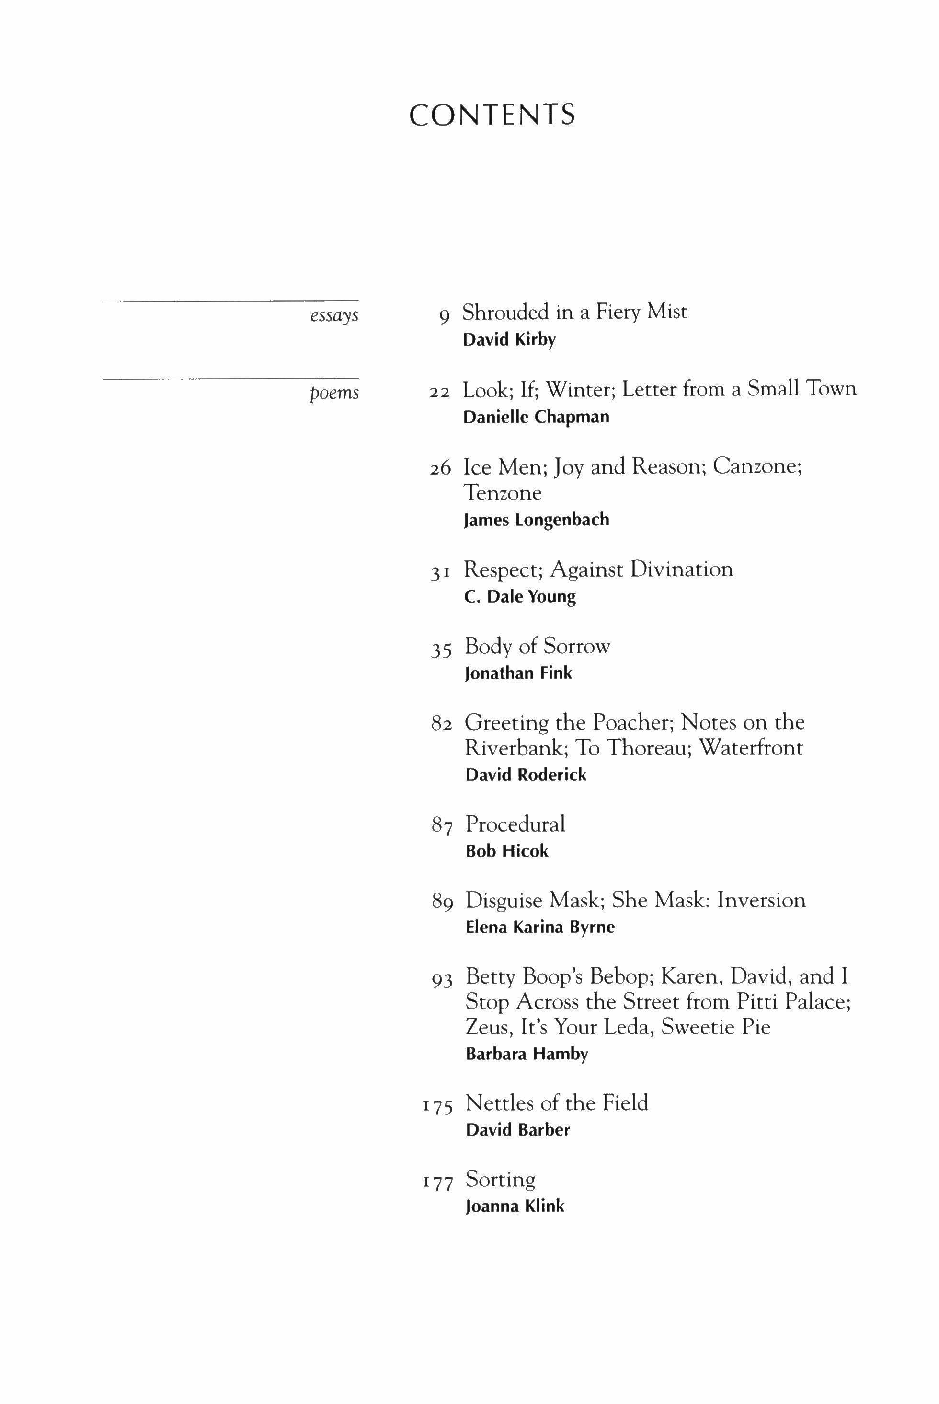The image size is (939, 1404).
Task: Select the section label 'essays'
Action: point(334,315)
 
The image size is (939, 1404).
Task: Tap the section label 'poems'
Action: point(334,393)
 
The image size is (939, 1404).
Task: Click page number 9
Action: point(444,315)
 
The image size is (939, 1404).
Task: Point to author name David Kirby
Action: point(509,340)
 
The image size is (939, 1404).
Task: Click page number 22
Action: point(440,393)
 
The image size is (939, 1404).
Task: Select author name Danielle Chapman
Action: point(536,417)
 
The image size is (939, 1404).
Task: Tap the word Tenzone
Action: point(503,493)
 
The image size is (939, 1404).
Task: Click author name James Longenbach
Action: point(537,520)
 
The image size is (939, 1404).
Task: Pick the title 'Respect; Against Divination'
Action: point(598,569)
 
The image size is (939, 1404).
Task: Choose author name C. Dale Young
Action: point(520,597)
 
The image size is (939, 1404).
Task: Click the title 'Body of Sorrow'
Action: point(537,647)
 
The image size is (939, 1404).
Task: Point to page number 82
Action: point(441,724)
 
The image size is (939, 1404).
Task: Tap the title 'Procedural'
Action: point(515,824)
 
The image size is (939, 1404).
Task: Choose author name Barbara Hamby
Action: point(527,1054)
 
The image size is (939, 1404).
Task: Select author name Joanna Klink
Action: point(515,1206)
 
